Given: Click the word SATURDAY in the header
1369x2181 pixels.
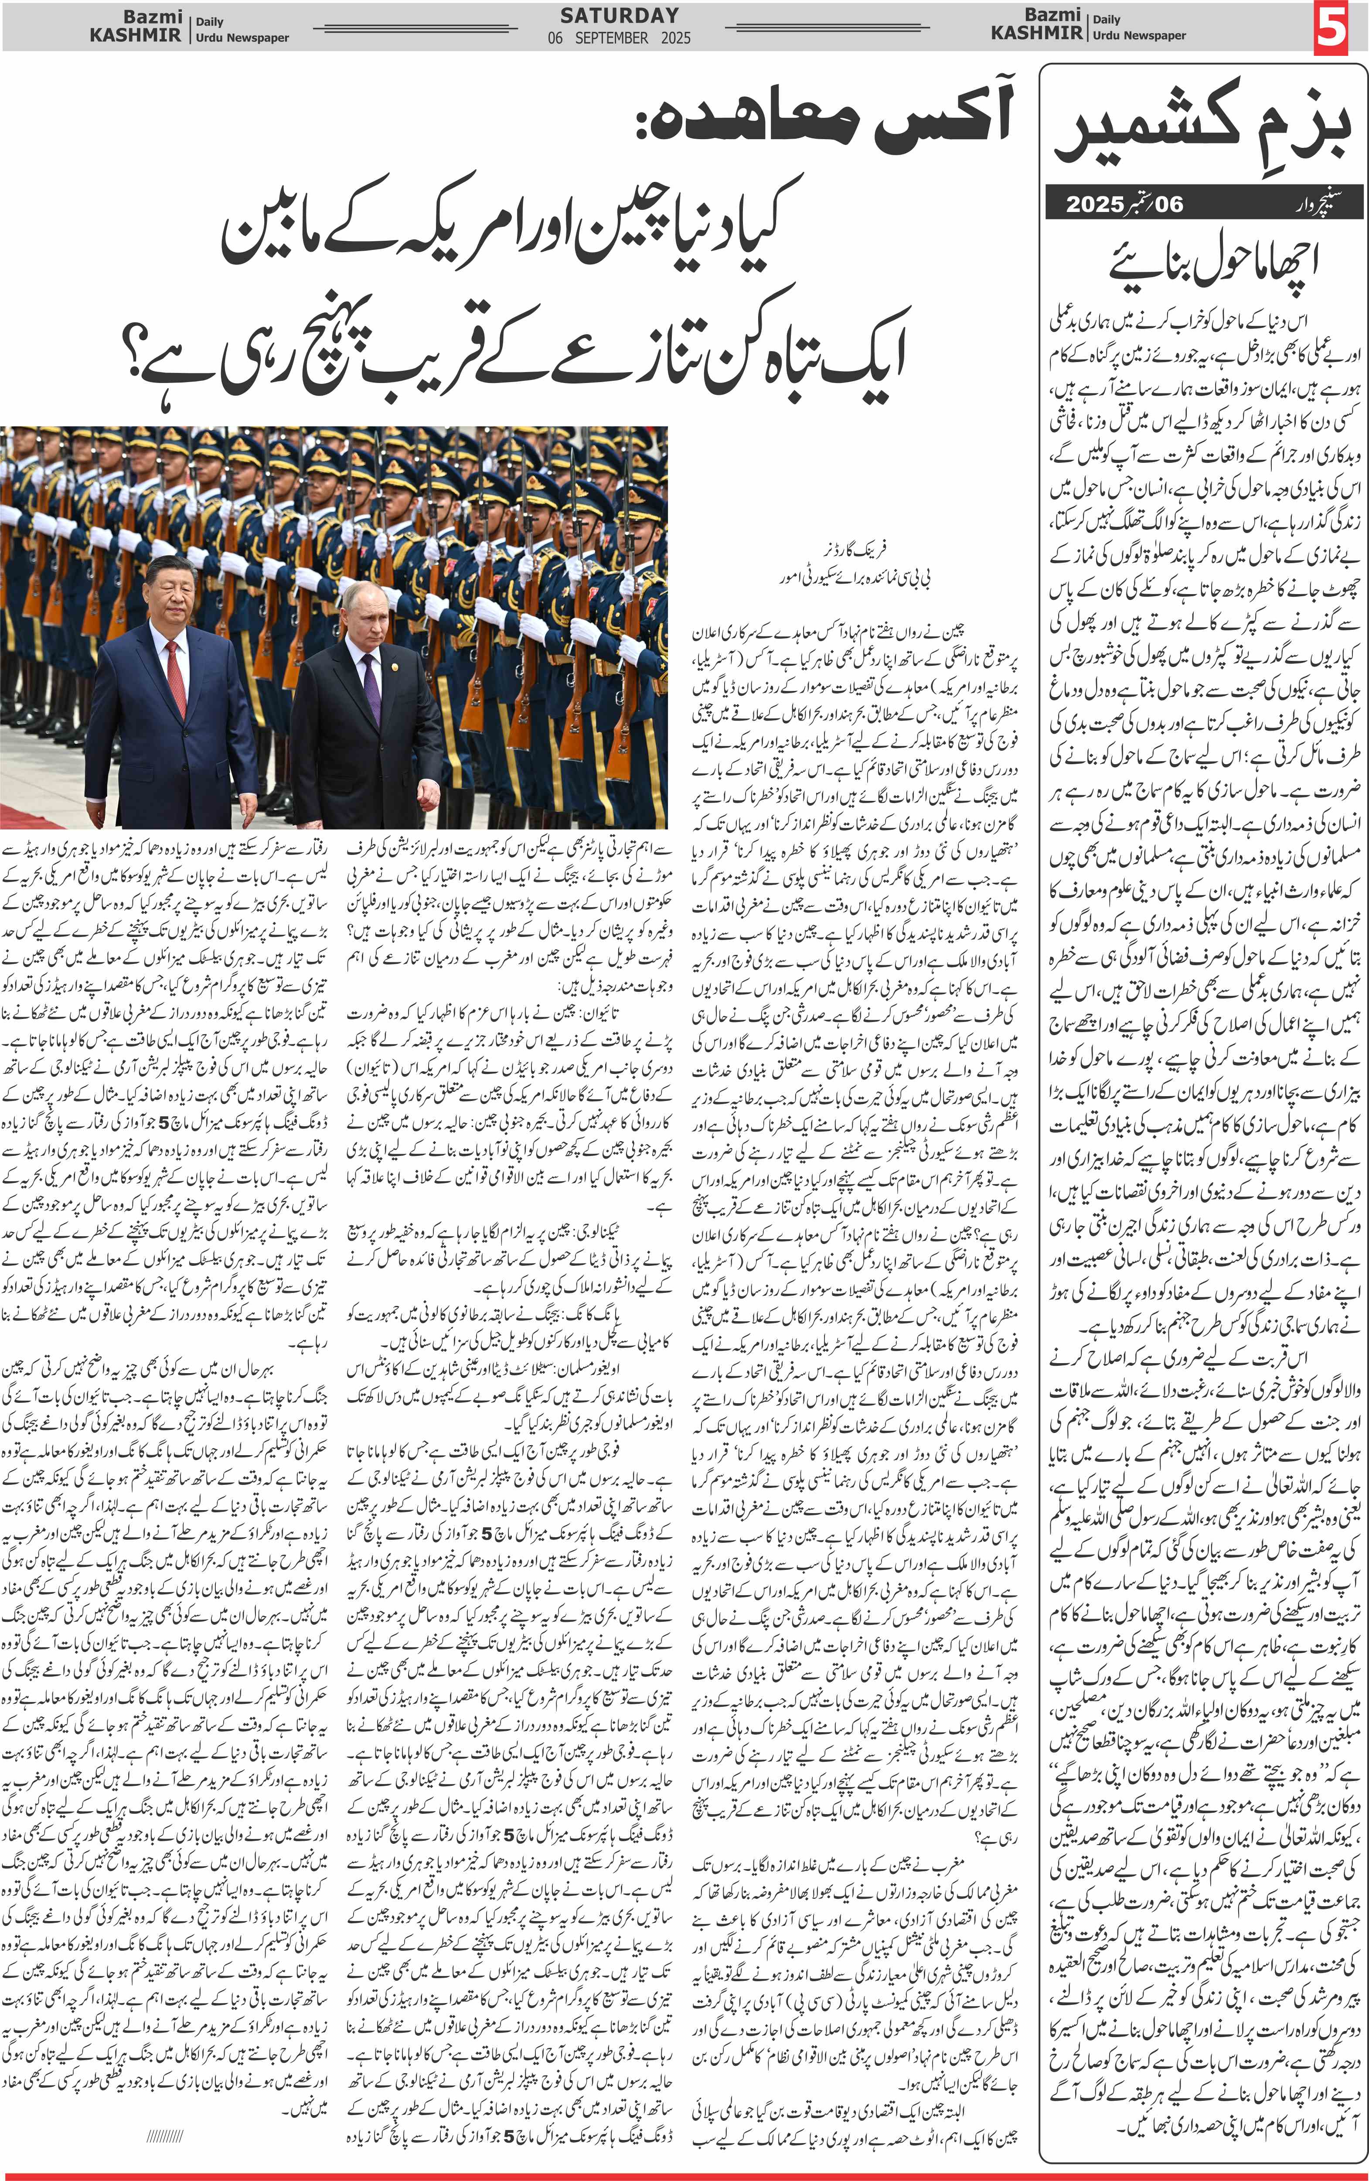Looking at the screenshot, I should (x=619, y=15).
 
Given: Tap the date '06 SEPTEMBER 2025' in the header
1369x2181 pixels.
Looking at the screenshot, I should (x=619, y=38).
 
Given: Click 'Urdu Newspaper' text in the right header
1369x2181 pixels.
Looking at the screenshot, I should (x=1139, y=35).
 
